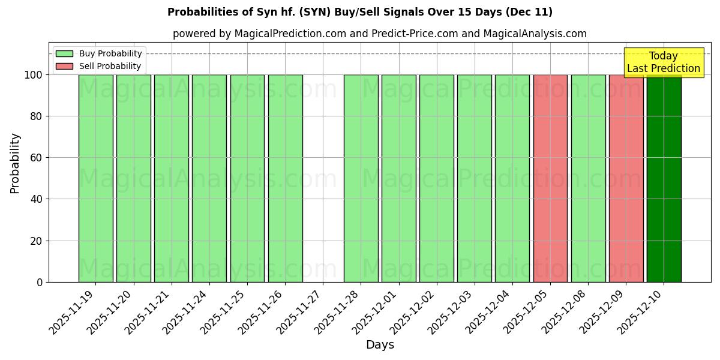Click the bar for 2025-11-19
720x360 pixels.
coord(95,178)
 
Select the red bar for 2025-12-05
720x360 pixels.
coord(550,178)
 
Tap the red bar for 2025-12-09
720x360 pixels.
coord(626,178)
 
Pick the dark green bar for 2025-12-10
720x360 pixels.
coord(664,178)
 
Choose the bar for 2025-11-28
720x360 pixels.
coord(361,178)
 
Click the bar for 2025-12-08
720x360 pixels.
coord(588,178)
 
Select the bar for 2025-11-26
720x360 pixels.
coord(285,178)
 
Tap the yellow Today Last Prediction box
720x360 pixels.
coord(664,62)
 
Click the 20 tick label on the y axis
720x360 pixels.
coord(35,241)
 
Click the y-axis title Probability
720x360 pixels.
coord(15,163)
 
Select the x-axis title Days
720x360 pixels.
coord(380,345)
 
